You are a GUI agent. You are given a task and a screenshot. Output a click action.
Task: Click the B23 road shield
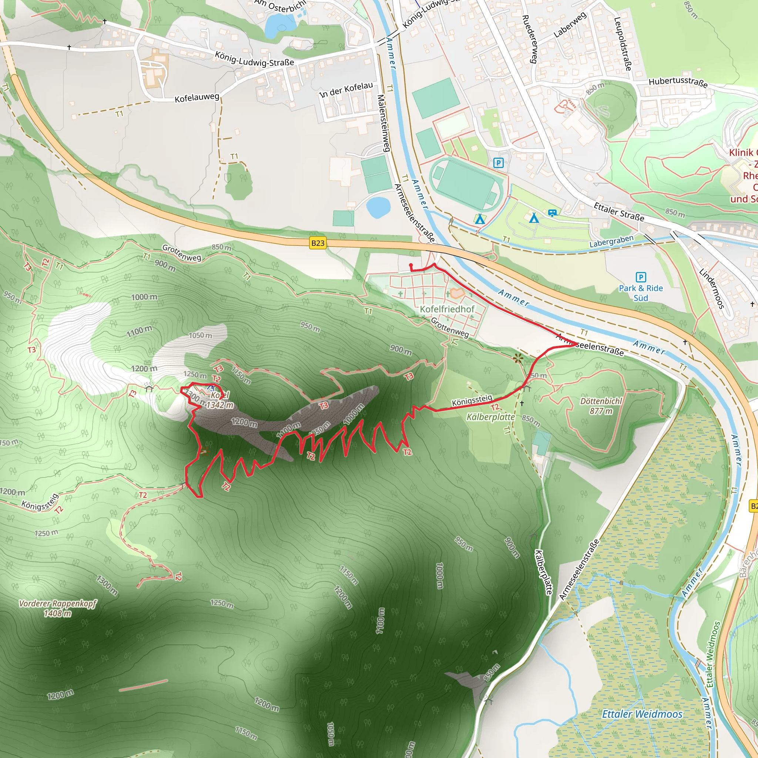point(318,243)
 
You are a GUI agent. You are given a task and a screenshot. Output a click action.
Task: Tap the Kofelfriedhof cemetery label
point(447,309)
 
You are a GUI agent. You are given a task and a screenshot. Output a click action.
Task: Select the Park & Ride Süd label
point(641,293)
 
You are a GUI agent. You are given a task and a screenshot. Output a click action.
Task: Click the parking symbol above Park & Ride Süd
point(641,277)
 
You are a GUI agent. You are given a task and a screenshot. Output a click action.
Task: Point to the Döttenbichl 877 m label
point(601,406)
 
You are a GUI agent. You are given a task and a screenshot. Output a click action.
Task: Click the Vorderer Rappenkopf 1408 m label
point(57,608)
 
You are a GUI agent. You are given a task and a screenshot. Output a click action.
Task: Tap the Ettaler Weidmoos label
point(642,714)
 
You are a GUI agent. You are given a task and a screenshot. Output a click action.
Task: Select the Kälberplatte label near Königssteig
point(490,417)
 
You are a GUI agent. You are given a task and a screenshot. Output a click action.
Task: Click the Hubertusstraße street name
point(678,83)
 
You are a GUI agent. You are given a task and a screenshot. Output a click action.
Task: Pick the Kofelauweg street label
point(197,97)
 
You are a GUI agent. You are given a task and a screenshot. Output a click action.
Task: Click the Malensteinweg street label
point(383,123)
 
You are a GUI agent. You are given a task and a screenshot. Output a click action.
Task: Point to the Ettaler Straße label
point(619,212)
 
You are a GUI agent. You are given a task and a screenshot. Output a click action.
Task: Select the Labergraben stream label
point(611,241)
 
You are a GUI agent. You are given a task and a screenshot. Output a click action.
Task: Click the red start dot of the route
point(411,265)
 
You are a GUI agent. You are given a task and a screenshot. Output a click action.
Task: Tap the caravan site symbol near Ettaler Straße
point(552,213)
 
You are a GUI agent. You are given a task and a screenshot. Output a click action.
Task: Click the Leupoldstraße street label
point(623,44)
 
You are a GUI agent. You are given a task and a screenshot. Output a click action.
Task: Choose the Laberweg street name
point(570,24)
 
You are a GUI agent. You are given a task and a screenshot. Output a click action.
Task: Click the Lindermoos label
point(711,288)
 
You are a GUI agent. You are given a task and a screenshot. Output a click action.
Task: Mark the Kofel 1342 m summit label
point(220,400)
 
